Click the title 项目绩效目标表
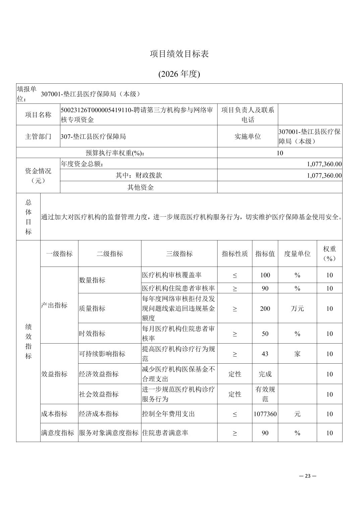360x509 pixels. pos(179,54)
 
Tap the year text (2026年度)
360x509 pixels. pos(179,74)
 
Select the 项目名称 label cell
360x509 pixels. pos(38,115)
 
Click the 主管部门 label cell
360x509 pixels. pos(38,136)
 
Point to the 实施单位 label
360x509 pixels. pos(247,136)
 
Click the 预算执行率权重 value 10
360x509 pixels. pos(280,153)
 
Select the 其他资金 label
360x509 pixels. pos(140,187)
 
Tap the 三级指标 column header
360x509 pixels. pos(179,253)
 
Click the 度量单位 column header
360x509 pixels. pos(297,253)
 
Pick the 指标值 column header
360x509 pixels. pos(265,253)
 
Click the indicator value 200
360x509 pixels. pos(265,308)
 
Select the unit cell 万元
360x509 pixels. pos(297,308)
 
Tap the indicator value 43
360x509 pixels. pos(265,354)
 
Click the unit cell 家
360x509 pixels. pos(297,354)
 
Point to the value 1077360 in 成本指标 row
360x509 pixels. pos(265,414)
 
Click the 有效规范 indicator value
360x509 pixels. pos(265,394)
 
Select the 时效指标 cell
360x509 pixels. pos(92,334)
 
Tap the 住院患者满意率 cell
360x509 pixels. pos(165,433)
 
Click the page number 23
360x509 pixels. pos(308,476)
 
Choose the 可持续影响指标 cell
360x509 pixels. pos(102,354)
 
